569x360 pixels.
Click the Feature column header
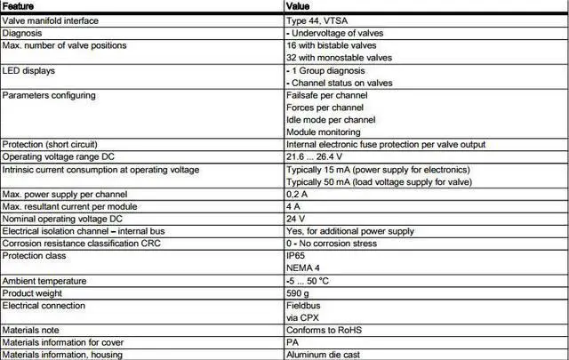click(19, 6)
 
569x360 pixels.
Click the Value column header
click(300, 6)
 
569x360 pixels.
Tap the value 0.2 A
click(297, 193)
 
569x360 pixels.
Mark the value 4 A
click(293, 205)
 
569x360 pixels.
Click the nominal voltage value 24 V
click(295, 218)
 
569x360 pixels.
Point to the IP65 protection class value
click(296, 254)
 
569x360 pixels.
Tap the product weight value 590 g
click(298, 292)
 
